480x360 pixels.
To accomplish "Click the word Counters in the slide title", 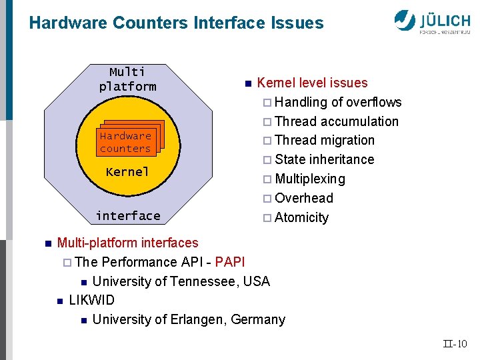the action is (151, 23).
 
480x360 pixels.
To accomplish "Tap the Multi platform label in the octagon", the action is (127, 79).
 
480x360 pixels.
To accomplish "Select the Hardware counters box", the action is (125, 142).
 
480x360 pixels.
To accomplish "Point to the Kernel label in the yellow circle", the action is (127, 172).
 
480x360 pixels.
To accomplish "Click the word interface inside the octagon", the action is (127, 216).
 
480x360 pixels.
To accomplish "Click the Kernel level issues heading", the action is (312, 83).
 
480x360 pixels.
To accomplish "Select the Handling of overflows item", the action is (337, 103).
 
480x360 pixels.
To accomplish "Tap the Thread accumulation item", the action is (336, 121).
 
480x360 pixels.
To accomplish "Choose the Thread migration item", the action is (324, 141).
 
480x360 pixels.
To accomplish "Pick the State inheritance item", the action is (324, 160).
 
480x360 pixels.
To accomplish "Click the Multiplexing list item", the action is (309, 179).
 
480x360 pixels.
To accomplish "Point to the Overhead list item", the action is (303, 198).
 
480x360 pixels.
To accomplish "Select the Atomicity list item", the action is (301, 217).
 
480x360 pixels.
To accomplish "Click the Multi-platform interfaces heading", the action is (127, 243).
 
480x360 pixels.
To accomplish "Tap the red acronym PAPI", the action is (230, 262).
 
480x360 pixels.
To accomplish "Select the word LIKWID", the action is (91, 300).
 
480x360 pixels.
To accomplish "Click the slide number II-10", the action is (455, 344).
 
